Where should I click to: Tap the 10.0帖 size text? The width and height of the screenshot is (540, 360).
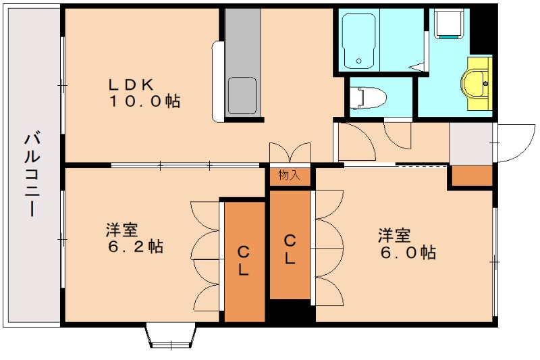144,102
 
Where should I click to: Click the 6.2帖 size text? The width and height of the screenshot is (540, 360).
135,247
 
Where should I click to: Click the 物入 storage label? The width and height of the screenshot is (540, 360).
290,176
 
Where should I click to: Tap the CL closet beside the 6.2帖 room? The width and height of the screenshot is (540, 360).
244,261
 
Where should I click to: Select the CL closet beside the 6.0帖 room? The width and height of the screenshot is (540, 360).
290,249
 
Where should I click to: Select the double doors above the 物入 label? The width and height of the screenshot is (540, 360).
290,153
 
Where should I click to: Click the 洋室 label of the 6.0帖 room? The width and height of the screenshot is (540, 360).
394,235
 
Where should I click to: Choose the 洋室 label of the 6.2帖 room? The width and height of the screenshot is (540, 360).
122,229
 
